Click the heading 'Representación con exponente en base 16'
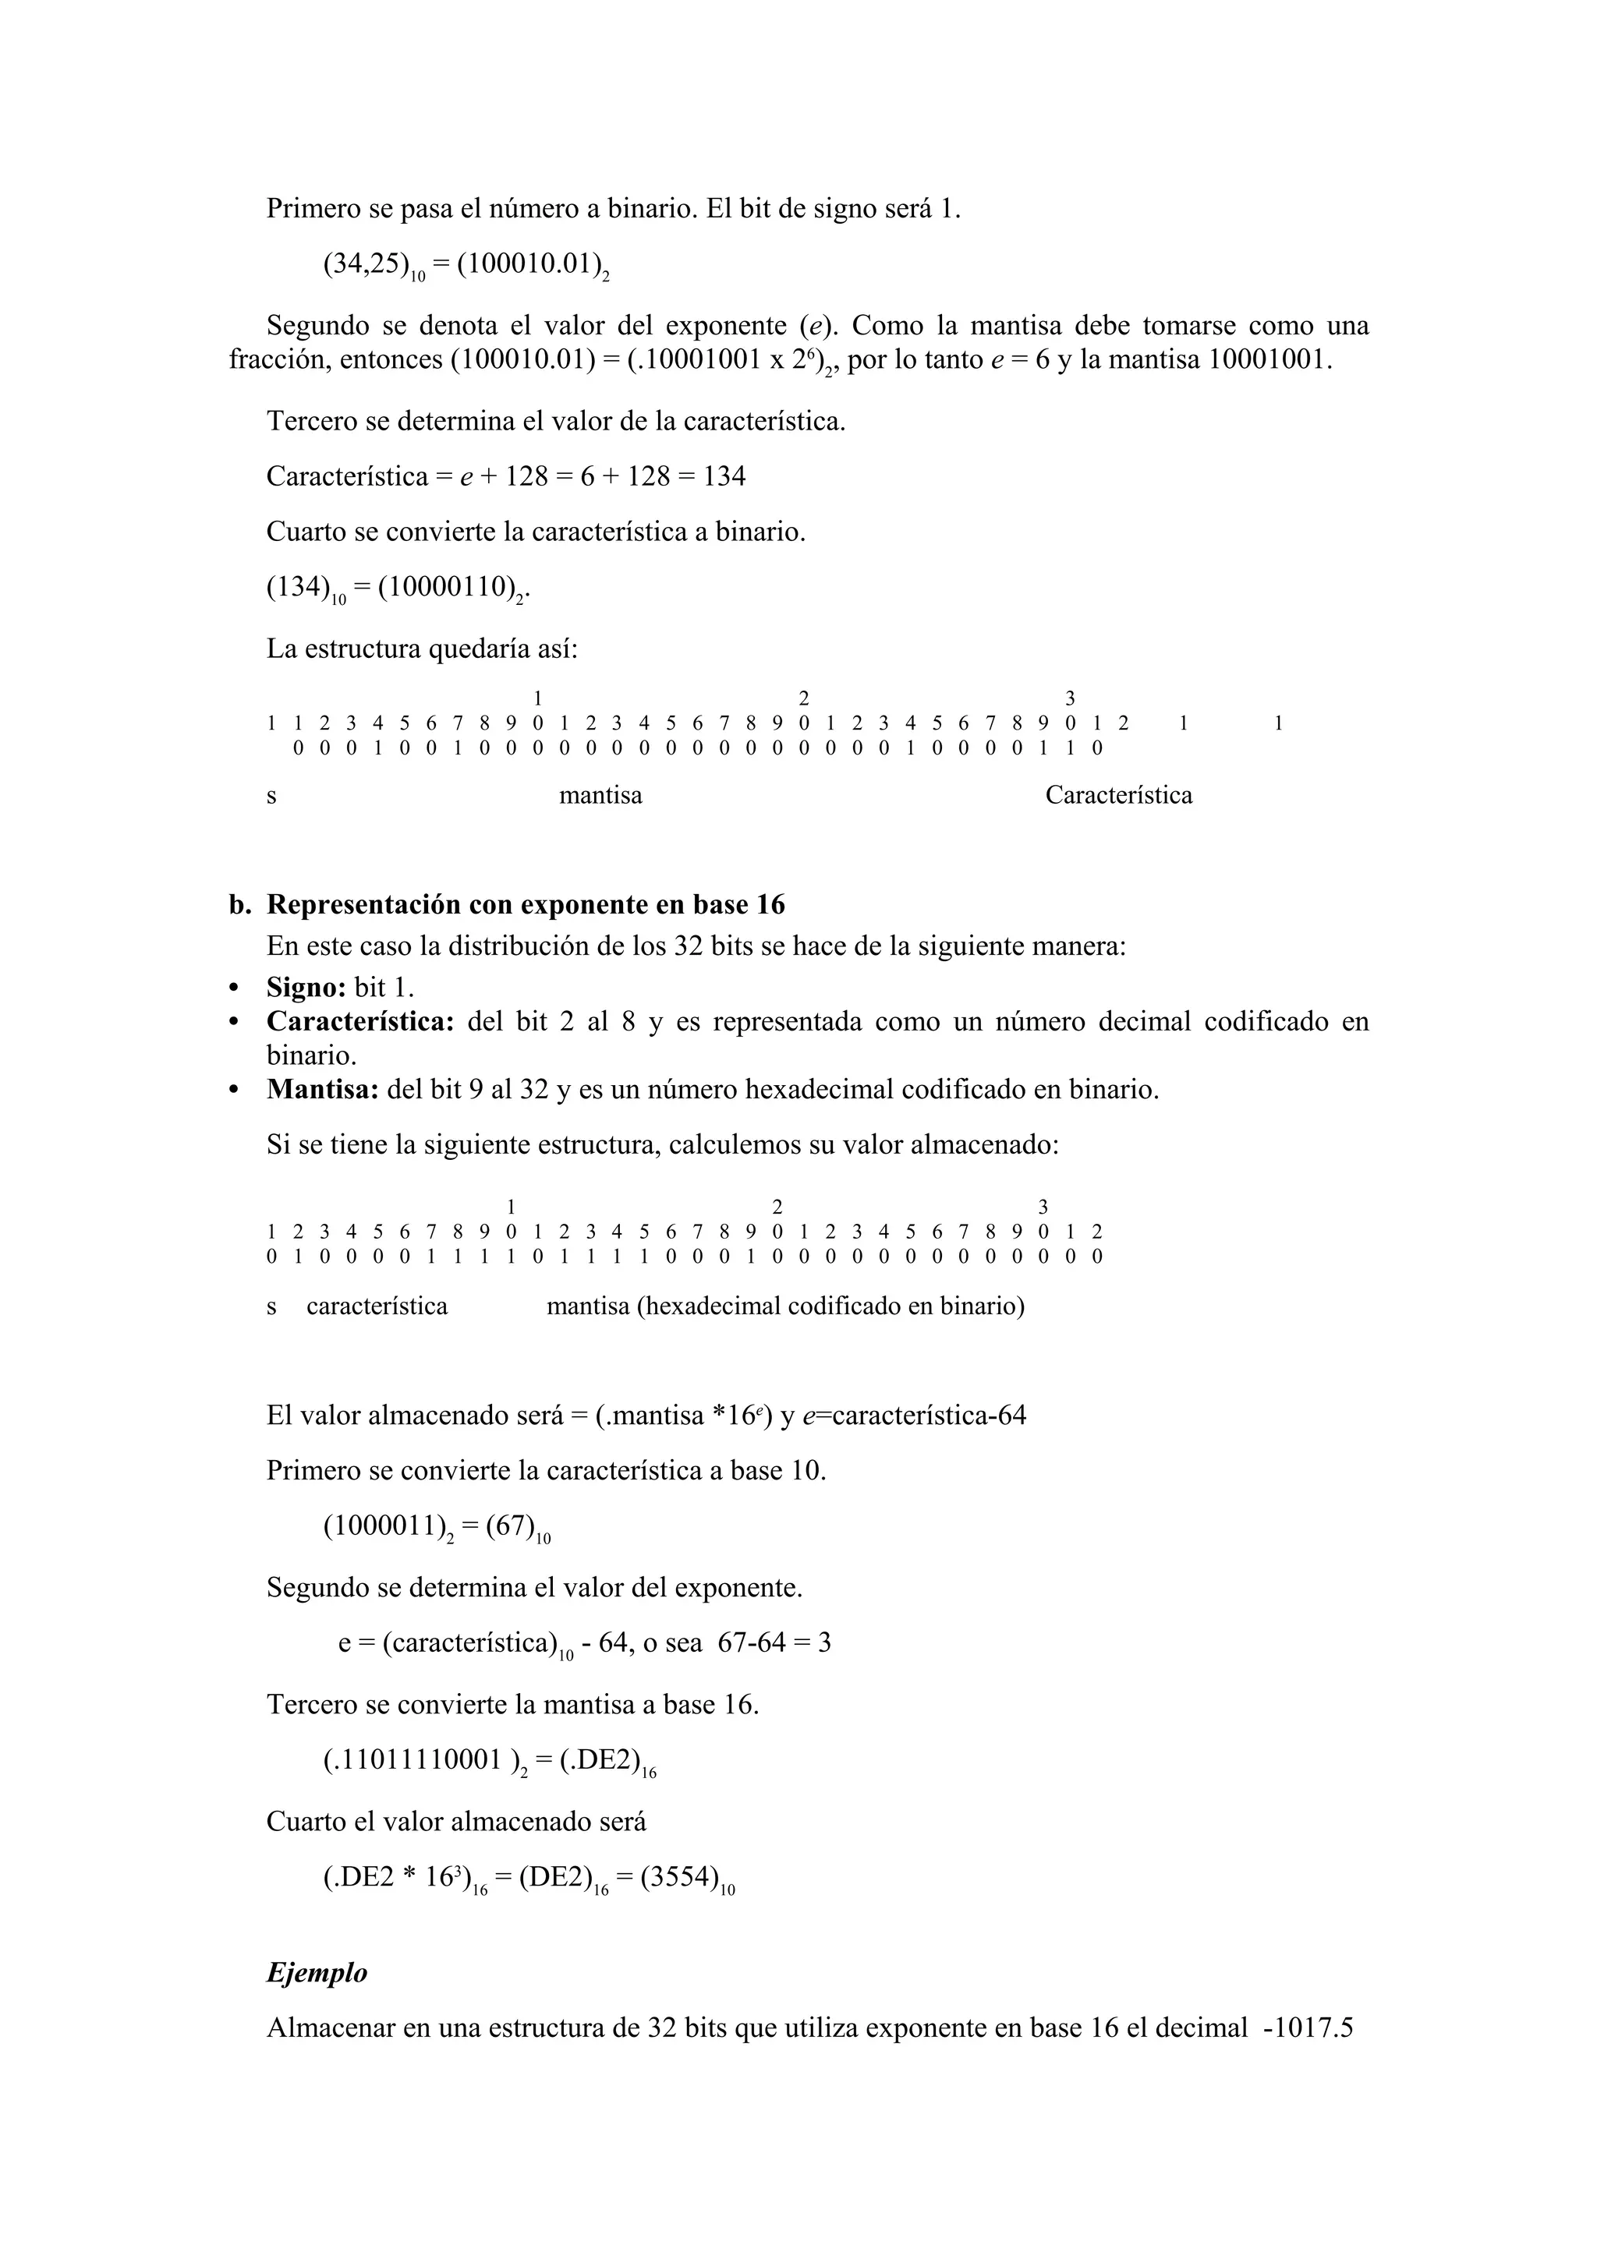point(526,904)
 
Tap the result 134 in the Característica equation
point(724,477)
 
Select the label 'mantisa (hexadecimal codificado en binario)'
point(785,1306)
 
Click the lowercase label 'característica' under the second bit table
point(377,1306)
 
